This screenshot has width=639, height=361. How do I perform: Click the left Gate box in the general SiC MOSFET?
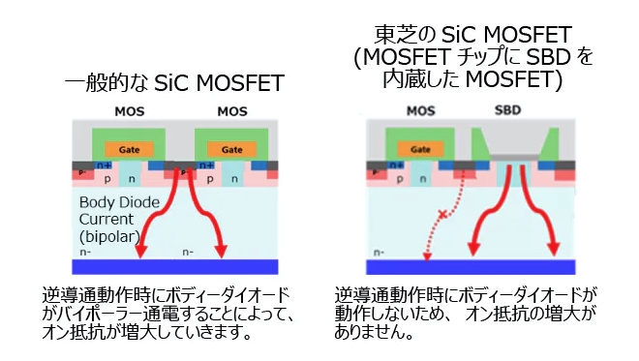coord(129,150)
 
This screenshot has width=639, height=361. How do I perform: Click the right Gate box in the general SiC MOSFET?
coord(231,150)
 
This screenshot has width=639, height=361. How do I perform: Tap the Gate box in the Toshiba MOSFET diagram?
coord(421,150)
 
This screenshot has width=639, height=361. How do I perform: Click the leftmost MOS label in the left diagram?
coord(129,111)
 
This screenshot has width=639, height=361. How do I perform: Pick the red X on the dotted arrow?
coord(442,213)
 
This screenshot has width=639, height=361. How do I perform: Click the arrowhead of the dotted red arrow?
coord(426,255)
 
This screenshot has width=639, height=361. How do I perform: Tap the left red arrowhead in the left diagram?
coord(141,251)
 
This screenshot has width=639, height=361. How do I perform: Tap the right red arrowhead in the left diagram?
coord(221,251)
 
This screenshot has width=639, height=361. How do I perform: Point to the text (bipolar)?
coord(108,235)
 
